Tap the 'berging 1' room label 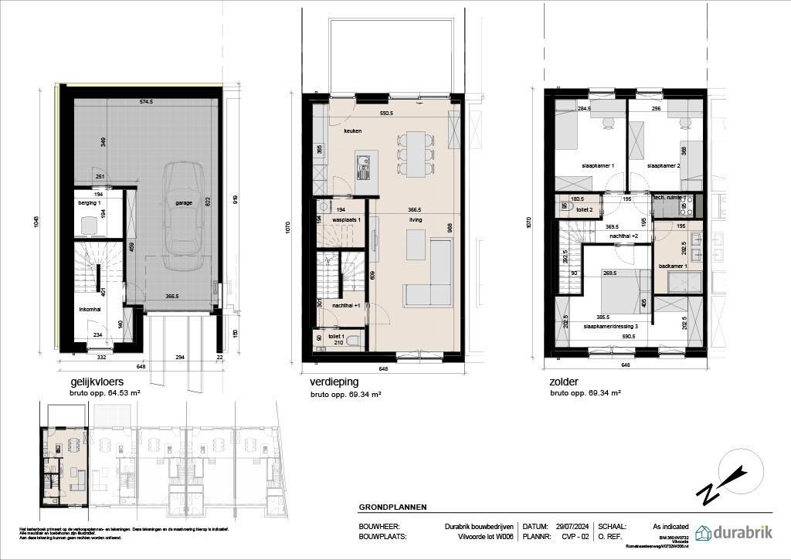click(x=90, y=202)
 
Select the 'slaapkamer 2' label click(x=664, y=166)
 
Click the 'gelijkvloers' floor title click(x=98, y=382)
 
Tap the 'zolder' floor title click(x=563, y=382)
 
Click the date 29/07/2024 click(x=570, y=525)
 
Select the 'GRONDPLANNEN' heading click(x=393, y=507)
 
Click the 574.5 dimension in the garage click(x=148, y=101)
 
